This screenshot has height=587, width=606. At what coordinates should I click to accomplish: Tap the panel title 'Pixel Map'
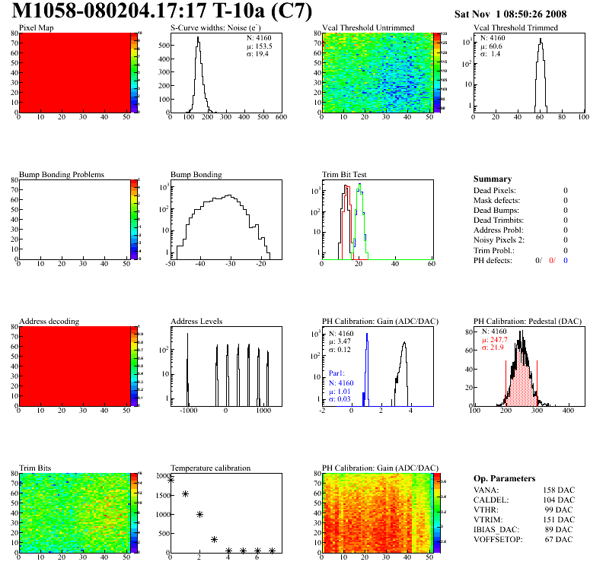click(x=36, y=28)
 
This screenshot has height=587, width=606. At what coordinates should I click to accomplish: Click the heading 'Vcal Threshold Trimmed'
click(x=515, y=28)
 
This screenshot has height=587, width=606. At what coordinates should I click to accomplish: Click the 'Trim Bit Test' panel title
click(x=344, y=174)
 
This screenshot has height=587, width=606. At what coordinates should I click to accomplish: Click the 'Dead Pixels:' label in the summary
click(x=494, y=190)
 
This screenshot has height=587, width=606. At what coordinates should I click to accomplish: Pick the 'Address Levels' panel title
click(x=197, y=321)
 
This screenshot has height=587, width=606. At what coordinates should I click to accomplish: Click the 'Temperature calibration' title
click(x=210, y=468)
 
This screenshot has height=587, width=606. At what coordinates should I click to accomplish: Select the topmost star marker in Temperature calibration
click(x=171, y=480)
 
